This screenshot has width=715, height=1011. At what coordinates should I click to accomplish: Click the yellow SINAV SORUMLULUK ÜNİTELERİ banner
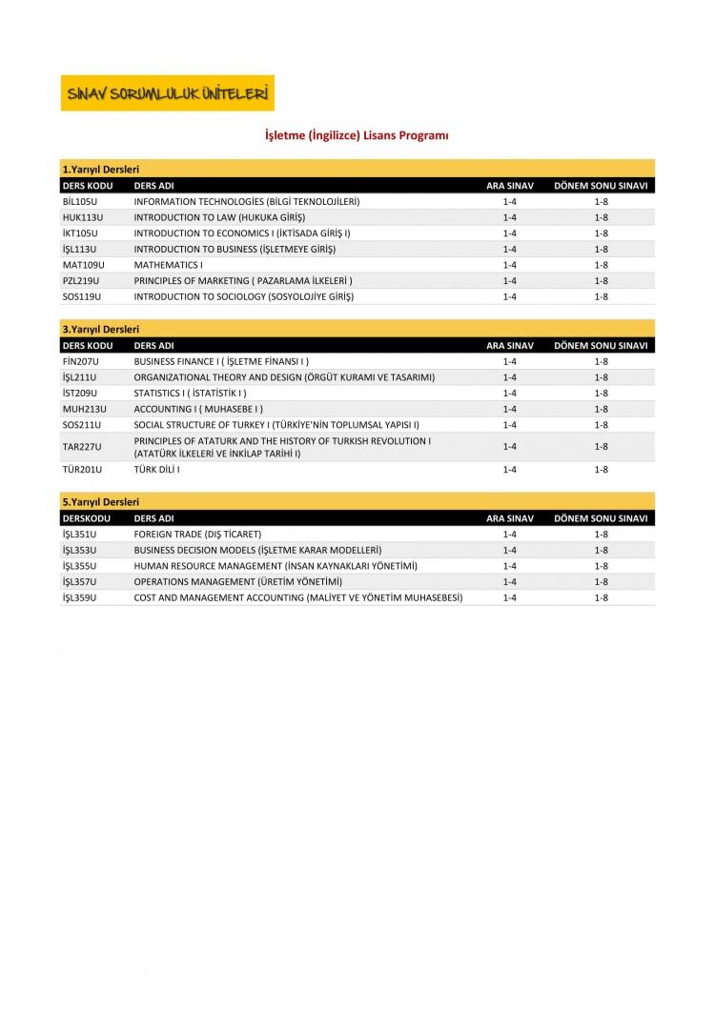pyautogui.click(x=167, y=93)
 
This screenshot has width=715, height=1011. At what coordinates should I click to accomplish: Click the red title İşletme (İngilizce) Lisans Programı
pyautogui.click(x=356, y=136)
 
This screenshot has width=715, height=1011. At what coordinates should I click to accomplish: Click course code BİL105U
pyautogui.click(x=80, y=202)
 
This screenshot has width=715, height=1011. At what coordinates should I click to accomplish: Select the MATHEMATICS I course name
pyautogui.click(x=169, y=265)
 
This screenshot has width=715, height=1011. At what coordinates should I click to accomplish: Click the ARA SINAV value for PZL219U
pyautogui.click(x=509, y=280)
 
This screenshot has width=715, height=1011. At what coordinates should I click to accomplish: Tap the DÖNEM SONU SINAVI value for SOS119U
pyautogui.click(x=601, y=296)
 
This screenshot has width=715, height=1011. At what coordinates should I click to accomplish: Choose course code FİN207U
pyautogui.click(x=80, y=361)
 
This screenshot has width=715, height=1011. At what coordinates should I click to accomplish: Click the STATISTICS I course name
pyautogui.click(x=190, y=393)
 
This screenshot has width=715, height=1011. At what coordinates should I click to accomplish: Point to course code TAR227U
pyautogui.click(x=81, y=446)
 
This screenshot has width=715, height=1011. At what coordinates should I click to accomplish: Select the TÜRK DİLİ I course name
pyautogui.click(x=157, y=470)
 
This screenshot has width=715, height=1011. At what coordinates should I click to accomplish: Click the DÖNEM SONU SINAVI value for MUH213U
pyautogui.click(x=601, y=408)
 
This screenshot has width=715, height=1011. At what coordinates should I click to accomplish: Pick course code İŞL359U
pyautogui.click(x=79, y=596)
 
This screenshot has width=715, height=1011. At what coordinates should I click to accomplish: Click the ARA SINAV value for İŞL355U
pyautogui.click(x=509, y=565)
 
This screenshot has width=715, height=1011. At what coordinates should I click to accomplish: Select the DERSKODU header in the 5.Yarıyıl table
pyautogui.click(x=86, y=517)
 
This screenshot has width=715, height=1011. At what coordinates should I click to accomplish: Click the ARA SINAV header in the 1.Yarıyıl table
pyautogui.click(x=509, y=185)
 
